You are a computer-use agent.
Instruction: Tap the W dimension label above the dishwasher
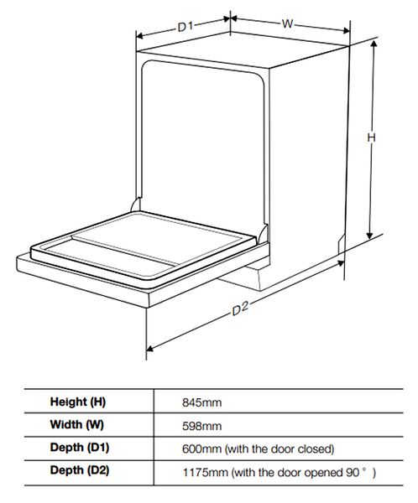287,23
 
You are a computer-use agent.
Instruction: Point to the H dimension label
371,137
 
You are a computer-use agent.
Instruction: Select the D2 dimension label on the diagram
240,309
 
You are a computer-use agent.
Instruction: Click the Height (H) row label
78,402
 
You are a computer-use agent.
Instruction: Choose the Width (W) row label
76,425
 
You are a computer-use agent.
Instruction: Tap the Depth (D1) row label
80,448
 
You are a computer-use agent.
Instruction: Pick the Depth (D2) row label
80,470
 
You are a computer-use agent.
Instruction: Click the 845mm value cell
201,402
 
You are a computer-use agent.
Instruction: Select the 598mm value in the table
201,426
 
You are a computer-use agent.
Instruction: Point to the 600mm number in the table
201,449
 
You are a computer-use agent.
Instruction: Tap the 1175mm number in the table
206,472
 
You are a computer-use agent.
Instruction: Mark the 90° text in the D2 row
357,472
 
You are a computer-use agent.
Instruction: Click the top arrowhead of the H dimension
374,44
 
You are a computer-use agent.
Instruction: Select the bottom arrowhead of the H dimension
370,235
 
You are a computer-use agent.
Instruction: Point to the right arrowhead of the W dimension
346,31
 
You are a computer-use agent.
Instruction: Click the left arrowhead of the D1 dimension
140,35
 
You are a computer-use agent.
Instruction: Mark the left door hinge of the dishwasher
136,205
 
